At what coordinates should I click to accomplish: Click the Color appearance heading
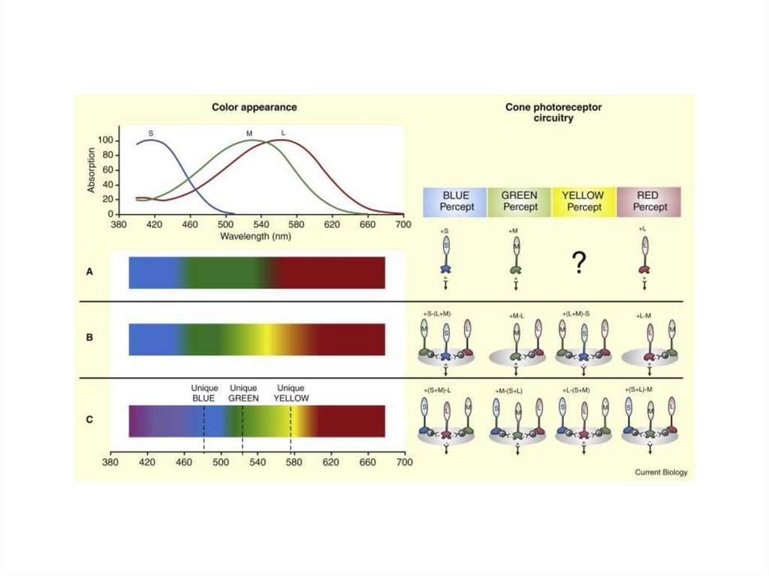(x=254, y=107)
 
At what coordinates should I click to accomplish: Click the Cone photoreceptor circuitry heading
(x=553, y=113)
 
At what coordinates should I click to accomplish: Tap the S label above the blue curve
(x=151, y=133)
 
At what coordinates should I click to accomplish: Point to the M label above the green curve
(x=249, y=134)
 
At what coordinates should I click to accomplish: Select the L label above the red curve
(x=283, y=133)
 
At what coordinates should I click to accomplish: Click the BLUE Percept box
(x=455, y=201)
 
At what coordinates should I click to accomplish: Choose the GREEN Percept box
(x=520, y=201)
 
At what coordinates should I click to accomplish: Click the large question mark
(x=578, y=262)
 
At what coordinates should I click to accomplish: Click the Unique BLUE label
(x=204, y=393)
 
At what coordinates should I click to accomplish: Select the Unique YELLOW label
(x=291, y=393)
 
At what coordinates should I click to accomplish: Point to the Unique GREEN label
(x=243, y=393)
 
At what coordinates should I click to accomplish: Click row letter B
(x=89, y=337)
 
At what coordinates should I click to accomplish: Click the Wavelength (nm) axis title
(x=256, y=236)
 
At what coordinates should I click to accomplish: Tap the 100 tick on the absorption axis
(x=104, y=140)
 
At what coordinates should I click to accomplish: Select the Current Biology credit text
(x=661, y=472)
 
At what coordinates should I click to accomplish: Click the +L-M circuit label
(x=647, y=315)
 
